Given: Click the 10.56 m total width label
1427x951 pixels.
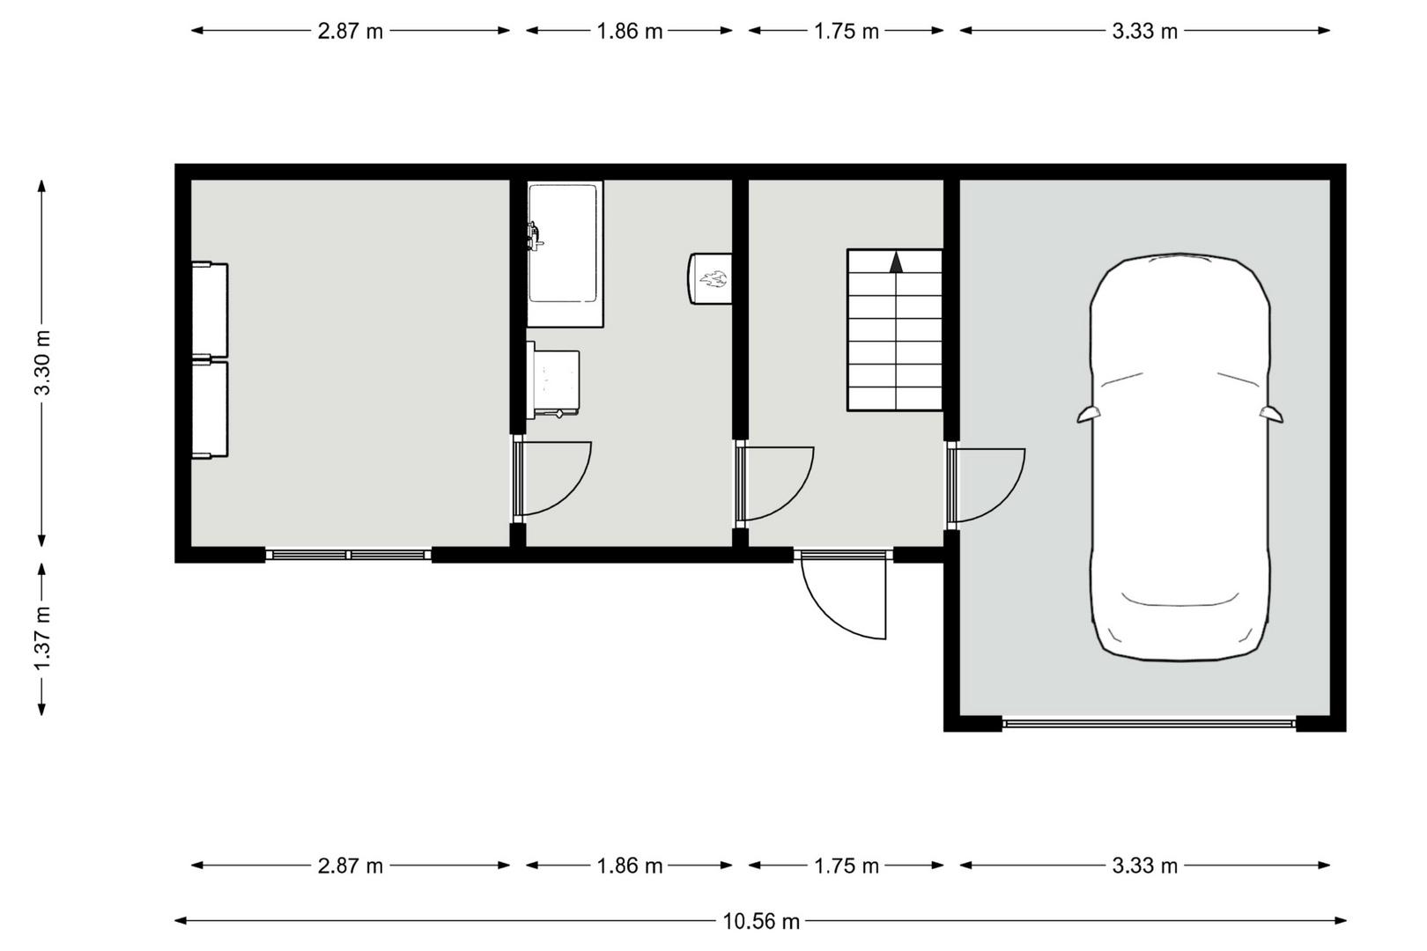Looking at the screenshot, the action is click(x=761, y=921).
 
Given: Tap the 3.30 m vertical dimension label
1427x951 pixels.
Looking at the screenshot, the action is click(x=42, y=363).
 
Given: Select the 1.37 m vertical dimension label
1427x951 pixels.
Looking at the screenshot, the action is click(x=42, y=638).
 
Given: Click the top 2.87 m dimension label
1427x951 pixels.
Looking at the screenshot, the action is click(x=351, y=31).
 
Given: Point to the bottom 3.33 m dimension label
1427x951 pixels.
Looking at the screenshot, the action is click(x=1145, y=866).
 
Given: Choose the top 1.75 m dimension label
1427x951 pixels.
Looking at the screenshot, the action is click(x=846, y=31).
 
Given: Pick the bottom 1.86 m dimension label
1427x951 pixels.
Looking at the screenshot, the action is click(x=630, y=866).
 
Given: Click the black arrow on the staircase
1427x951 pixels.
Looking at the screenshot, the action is click(x=897, y=262).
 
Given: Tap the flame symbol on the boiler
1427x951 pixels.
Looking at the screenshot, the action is click(x=714, y=279).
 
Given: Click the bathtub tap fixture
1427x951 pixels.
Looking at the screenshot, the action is click(x=534, y=237).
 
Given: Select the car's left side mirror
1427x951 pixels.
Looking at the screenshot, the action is click(x=1089, y=415).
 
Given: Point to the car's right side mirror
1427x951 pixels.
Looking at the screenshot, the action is click(x=1271, y=415).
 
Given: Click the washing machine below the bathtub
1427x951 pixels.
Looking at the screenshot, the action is click(x=553, y=380).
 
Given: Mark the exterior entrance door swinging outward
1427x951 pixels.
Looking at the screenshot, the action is click(x=843, y=596).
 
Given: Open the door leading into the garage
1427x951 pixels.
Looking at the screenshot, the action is click(x=986, y=485).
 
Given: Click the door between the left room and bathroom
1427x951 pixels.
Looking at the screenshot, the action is click(x=552, y=478).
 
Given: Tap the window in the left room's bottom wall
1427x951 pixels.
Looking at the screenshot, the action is click(x=349, y=555).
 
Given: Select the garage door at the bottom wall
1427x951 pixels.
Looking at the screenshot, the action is click(x=1150, y=723).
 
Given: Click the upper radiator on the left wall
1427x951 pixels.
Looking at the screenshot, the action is click(x=211, y=310).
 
